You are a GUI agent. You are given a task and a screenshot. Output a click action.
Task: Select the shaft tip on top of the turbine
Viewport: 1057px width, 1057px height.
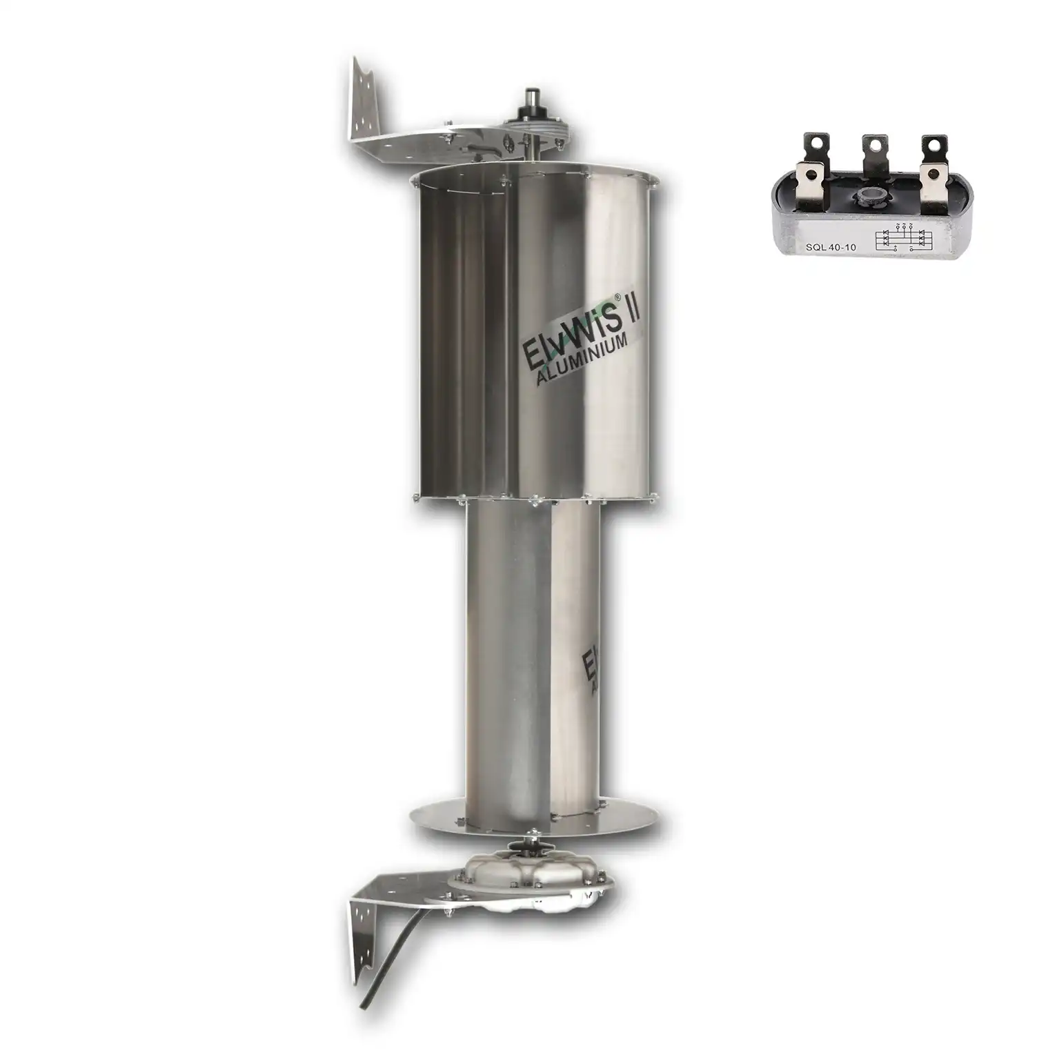[532, 95]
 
